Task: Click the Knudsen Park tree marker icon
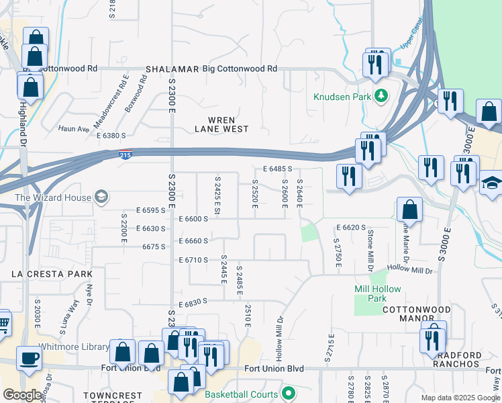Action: tap(381, 96)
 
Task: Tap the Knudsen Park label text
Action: tap(342, 97)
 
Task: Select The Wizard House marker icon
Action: tap(101, 197)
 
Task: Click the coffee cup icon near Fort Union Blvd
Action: tap(30, 357)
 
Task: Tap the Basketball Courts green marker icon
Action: tap(289, 393)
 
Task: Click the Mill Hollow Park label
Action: tap(370, 294)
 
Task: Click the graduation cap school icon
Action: tap(491, 182)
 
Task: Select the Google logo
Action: tap(21, 395)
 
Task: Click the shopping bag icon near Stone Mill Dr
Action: tap(409, 210)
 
